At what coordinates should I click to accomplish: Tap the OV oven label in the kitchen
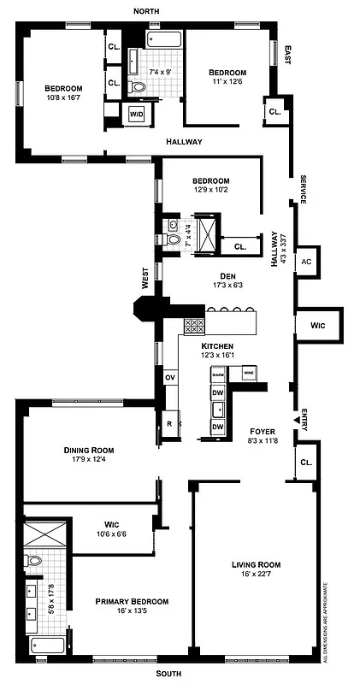[x=169, y=377]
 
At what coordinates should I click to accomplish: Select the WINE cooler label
[x=248, y=374]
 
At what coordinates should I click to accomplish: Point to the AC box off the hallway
[x=305, y=262]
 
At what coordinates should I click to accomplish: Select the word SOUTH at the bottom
[x=168, y=673]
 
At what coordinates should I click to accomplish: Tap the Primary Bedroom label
[x=132, y=602]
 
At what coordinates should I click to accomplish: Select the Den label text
[x=227, y=275]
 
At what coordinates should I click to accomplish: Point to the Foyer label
[x=262, y=431]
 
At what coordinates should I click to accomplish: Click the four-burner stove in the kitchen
[x=194, y=325]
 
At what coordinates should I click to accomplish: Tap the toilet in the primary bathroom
[x=33, y=561]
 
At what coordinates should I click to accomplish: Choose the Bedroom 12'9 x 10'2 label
[x=210, y=180]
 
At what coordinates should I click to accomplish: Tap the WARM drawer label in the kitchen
[x=218, y=374]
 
